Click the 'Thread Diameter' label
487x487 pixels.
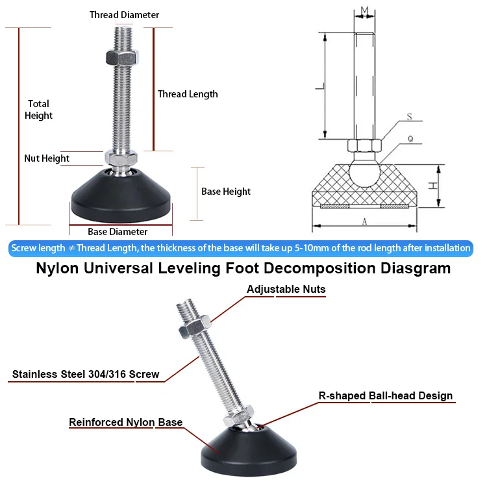point(124,14)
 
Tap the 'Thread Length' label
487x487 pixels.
point(188,94)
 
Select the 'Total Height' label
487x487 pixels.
point(38,109)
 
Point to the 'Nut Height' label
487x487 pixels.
point(47,158)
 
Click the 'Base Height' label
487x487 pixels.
point(225,192)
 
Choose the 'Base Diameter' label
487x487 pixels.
point(118,232)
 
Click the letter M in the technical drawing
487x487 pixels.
point(364,9)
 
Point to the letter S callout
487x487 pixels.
point(410,117)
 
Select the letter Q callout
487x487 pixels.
point(410,138)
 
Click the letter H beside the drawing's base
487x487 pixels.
point(432,186)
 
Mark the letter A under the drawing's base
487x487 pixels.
point(364,223)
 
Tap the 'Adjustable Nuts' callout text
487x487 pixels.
point(286,289)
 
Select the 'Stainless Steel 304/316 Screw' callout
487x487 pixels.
point(86,375)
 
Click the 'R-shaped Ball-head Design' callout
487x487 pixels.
point(385,395)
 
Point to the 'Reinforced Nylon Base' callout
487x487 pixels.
point(125,423)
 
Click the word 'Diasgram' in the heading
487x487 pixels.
point(410,268)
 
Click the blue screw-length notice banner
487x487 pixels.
point(241,248)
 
